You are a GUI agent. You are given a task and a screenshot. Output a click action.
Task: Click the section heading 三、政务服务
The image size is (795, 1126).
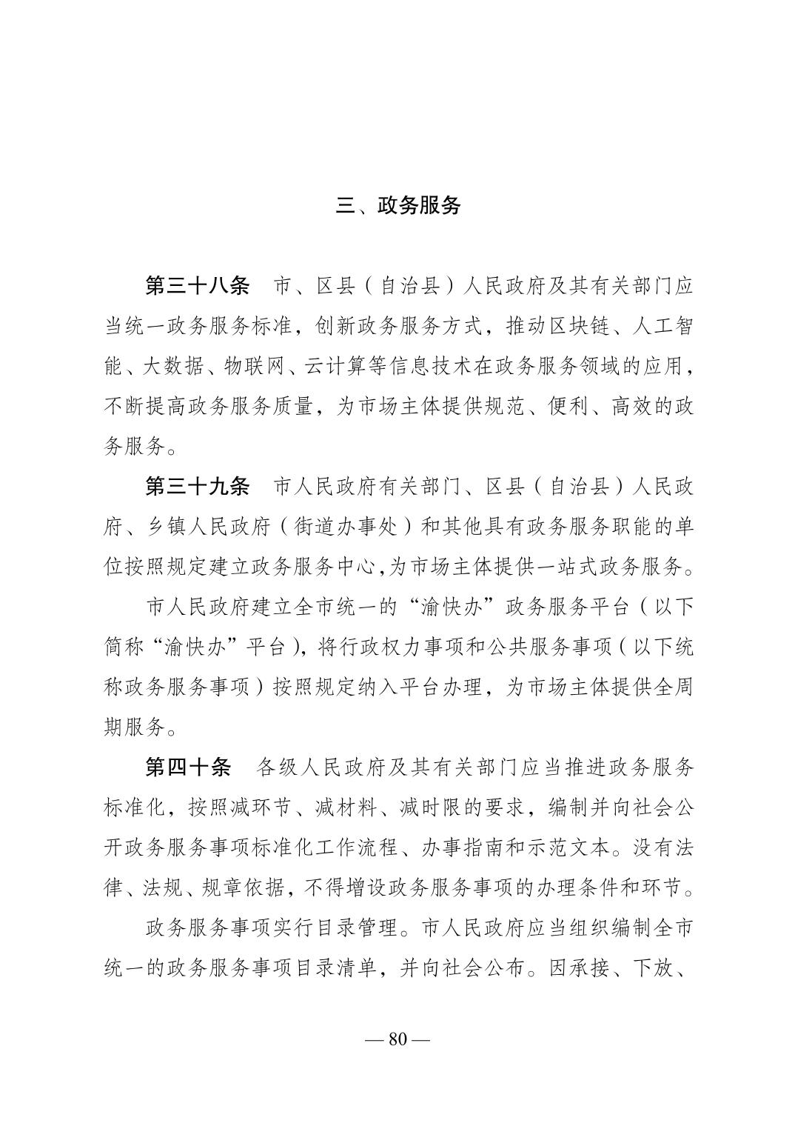pyautogui.click(x=398, y=205)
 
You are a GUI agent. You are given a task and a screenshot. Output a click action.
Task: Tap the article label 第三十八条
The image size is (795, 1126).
pyautogui.click(x=198, y=286)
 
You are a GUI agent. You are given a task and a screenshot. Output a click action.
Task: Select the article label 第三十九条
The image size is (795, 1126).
pyautogui.click(x=198, y=487)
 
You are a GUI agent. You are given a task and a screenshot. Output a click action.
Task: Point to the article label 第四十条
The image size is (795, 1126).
pyautogui.click(x=188, y=767)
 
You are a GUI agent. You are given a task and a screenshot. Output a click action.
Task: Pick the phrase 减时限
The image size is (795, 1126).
pyautogui.click(x=442, y=807)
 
